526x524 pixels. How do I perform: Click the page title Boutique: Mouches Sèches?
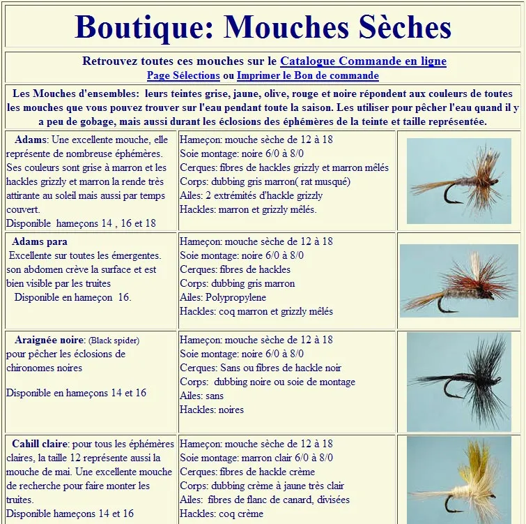[x=263, y=27]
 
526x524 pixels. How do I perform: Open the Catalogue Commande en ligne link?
[x=363, y=61]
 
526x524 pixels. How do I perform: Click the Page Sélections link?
[x=183, y=75]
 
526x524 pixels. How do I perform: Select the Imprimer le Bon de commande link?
[x=307, y=75]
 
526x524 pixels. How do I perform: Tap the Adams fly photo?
[x=458, y=181]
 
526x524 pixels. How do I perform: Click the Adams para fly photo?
[x=458, y=280]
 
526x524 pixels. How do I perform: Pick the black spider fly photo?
[x=458, y=381]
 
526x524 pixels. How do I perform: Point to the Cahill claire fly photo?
[x=458, y=480]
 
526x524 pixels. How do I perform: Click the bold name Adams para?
[x=40, y=241]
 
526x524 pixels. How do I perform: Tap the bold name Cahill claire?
[x=40, y=444]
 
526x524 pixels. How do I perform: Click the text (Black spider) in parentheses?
[x=114, y=340]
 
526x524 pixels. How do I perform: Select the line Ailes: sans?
[x=202, y=396]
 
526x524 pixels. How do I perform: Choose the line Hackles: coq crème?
[x=222, y=514]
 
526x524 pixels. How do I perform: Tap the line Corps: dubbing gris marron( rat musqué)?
[x=255, y=181]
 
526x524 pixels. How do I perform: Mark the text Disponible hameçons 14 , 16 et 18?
[x=81, y=223]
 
